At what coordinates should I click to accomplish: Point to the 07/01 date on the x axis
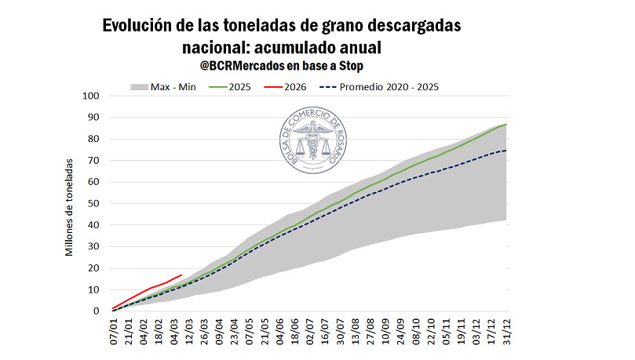tap(115, 332)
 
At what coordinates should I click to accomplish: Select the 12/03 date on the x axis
tap(188, 332)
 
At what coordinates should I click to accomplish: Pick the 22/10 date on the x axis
tap(430, 332)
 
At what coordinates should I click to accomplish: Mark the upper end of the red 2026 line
tap(182, 275)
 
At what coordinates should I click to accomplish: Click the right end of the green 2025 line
tap(506, 125)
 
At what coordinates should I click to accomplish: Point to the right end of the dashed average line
tap(506, 151)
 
